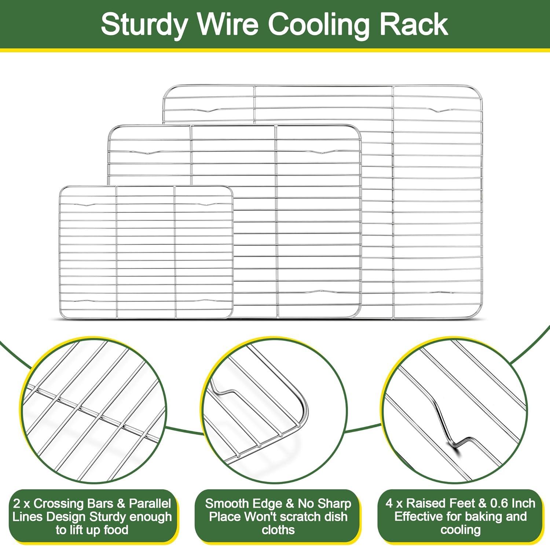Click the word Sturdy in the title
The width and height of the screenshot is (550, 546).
tap(143, 25)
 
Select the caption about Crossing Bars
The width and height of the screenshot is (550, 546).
tap(92, 516)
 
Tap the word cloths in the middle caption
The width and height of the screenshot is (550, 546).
tap(278, 530)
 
